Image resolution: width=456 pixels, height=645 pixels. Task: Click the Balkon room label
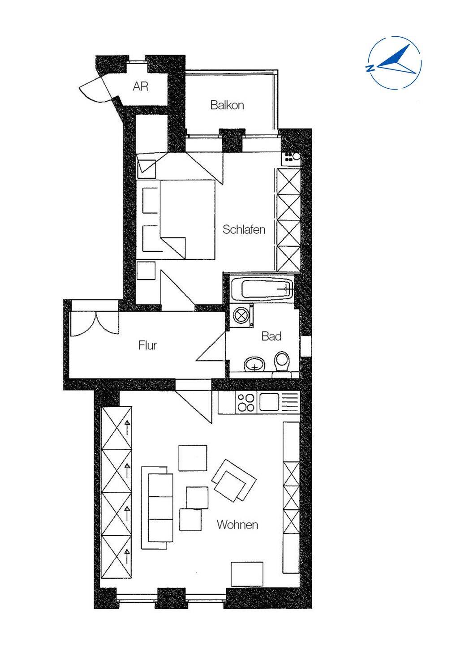(227, 105)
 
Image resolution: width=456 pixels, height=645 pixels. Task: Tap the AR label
(141, 86)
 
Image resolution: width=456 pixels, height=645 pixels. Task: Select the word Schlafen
(244, 229)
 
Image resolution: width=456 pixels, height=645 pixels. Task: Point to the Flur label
(147, 345)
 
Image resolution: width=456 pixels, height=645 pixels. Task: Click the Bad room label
(271, 336)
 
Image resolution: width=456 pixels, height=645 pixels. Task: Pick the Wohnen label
(237, 525)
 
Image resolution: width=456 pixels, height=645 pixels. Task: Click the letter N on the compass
(370, 68)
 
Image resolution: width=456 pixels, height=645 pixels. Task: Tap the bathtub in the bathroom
(262, 288)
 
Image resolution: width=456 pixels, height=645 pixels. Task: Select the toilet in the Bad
(282, 363)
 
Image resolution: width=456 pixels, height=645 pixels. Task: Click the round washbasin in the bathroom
(254, 364)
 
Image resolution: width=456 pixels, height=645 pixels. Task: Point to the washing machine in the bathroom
(241, 315)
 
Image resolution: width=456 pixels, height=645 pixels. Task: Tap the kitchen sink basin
(269, 402)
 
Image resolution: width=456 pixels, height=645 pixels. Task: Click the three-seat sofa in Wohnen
(158, 508)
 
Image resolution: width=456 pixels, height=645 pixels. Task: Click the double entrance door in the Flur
(95, 323)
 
